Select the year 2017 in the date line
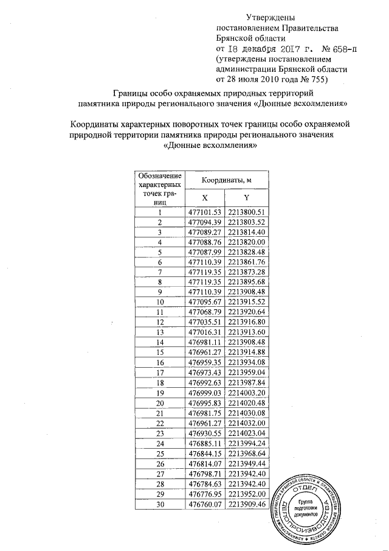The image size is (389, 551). point(292,47)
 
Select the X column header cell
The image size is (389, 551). point(204,197)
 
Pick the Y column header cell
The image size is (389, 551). point(246,197)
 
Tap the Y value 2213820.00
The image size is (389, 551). point(247,242)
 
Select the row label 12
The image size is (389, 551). point(160,321)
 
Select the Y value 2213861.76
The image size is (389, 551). point(247,261)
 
